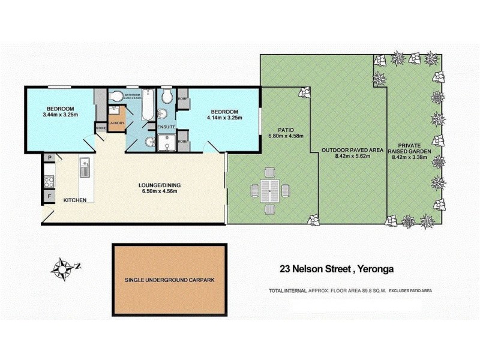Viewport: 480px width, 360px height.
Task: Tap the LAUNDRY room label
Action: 116,123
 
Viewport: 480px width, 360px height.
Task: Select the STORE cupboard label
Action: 101,127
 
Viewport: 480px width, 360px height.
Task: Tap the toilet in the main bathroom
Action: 115,97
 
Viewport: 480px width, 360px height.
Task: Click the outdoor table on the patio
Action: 269,191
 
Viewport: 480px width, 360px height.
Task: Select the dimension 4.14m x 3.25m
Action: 225,119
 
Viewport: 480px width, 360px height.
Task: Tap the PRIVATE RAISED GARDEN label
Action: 414,149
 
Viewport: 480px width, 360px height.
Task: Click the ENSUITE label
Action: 166,127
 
